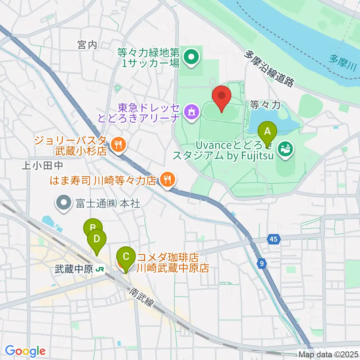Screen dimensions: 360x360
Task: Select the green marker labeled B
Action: click(x=93, y=227)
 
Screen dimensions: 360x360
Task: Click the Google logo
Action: click(x=25, y=351)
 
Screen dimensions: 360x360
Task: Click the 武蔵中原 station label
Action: click(x=73, y=269)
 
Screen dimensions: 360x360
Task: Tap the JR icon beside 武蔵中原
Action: click(x=100, y=269)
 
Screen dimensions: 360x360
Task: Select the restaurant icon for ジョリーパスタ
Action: click(x=118, y=144)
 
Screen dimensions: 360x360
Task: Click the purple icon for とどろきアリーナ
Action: click(x=192, y=111)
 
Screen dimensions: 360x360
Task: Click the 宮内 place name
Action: click(x=87, y=45)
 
